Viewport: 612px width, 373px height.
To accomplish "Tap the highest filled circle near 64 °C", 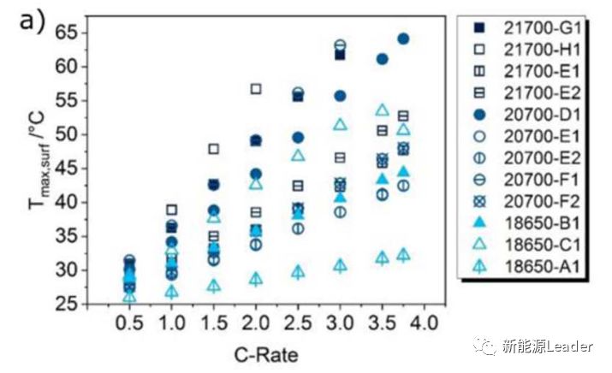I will coord(403,38).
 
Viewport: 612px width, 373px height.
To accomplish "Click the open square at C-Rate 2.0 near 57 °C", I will coord(256,89).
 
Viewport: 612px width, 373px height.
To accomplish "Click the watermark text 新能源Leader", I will coord(549,346).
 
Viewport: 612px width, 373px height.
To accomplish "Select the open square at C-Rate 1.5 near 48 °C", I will coord(214,149).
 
